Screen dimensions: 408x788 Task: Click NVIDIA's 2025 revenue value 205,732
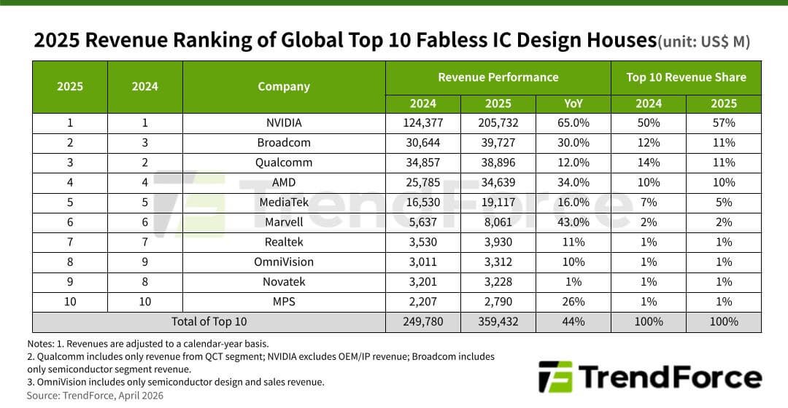pos(498,123)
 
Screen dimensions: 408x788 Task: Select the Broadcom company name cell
pos(284,143)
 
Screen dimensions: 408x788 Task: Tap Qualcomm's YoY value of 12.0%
pos(573,162)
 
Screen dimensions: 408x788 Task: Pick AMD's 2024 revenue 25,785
pos(423,182)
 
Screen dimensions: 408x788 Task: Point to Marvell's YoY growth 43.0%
pos(573,222)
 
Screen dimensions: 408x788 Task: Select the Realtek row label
pos(284,242)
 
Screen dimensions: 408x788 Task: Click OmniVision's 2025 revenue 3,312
pos(498,262)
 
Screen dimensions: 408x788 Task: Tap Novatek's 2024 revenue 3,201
pos(423,281)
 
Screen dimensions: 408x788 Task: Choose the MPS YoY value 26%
pos(573,302)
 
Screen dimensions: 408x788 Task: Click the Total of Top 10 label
pos(209,321)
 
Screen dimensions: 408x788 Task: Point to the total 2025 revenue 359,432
pos(498,321)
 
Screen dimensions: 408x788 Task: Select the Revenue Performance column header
pos(498,77)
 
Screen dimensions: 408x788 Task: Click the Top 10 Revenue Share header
pos(686,77)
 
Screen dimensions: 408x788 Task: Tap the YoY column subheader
pos(573,103)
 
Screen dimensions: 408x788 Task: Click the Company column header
pos(284,87)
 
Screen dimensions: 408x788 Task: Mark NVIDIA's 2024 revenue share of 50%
pos(649,123)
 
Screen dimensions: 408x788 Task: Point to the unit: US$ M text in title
pos(703,42)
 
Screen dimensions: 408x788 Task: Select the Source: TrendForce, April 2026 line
pos(96,396)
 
